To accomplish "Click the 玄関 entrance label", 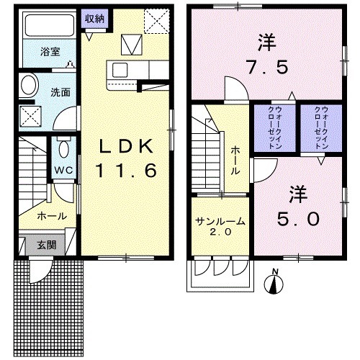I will click(x=47, y=244).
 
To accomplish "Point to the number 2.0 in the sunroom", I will click(x=220, y=233).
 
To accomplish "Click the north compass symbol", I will click(x=274, y=282).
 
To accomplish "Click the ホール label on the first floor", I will click(x=52, y=216).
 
